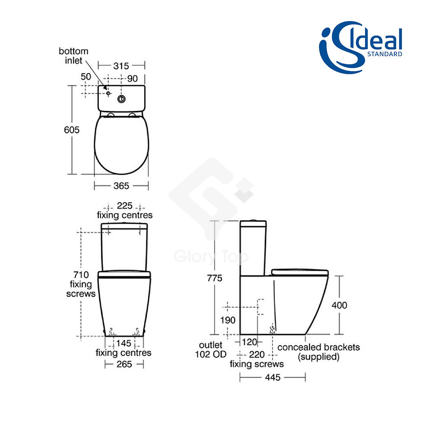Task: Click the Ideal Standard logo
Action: (x=360, y=47)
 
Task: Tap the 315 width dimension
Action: (x=121, y=66)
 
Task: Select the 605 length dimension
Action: (x=72, y=130)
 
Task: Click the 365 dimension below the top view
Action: (x=121, y=186)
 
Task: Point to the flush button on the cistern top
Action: (x=121, y=99)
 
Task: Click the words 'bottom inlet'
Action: (x=73, y=56)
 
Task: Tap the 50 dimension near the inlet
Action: (x=86, y=77)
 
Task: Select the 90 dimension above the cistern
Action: (x=133, y=79)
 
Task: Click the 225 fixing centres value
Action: (x=125, y=206)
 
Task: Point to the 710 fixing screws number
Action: (x=81, y=275)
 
